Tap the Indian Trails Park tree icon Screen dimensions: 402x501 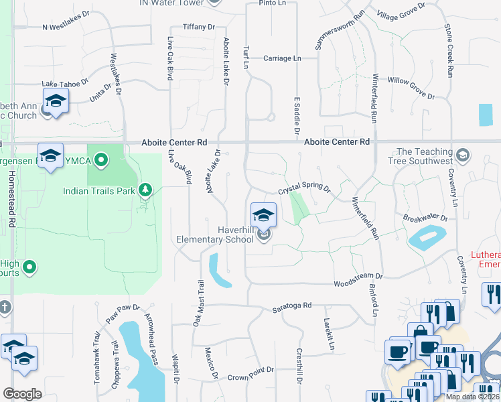[x=145, y=191]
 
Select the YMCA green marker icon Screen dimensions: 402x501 [x=101, y=159]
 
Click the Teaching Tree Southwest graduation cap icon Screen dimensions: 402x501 [x=461, y=156]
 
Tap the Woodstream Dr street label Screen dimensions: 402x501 [x=358, y=276]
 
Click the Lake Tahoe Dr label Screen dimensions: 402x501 [x=65, y=83]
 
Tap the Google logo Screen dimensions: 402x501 [x=22, y=394]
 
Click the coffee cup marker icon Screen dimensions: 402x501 [x=397, y=351]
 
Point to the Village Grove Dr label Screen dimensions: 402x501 [x=401, y=11]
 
